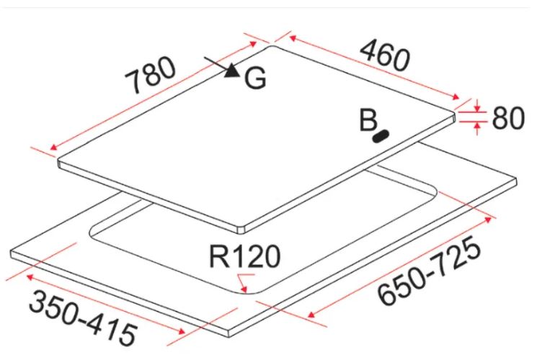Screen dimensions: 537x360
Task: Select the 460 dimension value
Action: [x=385, y=55]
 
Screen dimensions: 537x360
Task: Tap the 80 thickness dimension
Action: [x=508, y=118]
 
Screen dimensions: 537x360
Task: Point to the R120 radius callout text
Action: [x=244, y=256]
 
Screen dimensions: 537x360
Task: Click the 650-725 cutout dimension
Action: [x=430, y=270]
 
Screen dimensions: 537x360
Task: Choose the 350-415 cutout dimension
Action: [x=83, y=317]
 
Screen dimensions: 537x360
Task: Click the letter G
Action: [x=255, y=78]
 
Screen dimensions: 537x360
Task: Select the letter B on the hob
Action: [x=368, y=120]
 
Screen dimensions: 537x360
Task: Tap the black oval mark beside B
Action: [x=381, y=136]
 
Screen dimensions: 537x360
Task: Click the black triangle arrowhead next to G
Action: [x=233, y=71]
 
